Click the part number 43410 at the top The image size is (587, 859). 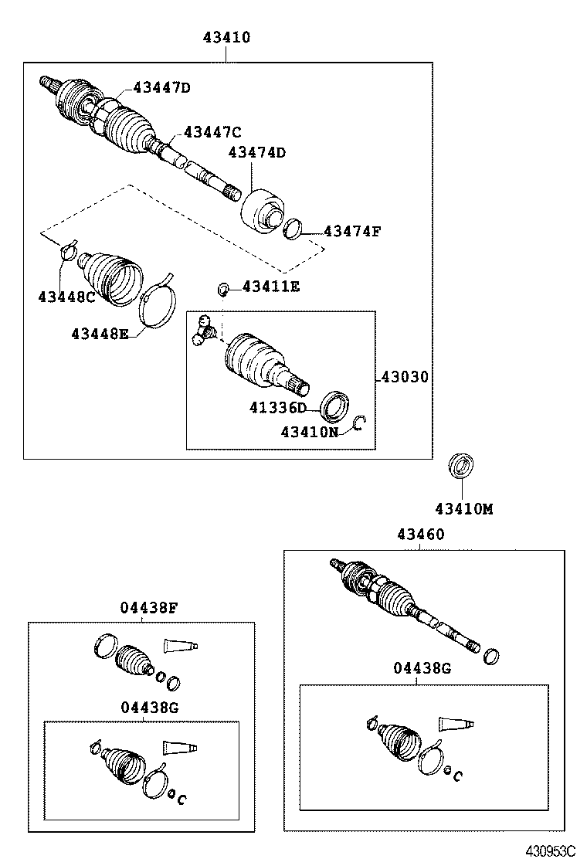tap(226, 37)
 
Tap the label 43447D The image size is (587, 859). tap(161, 87)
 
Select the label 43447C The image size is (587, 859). tap(212, 132)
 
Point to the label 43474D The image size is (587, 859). tap(256, 153)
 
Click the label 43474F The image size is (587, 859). tap(352, 230)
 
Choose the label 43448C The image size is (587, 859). tap(66, 297)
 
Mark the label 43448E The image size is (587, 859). tap(100, 334)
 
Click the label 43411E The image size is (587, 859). tap(270, 287)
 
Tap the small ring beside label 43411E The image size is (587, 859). tap(222, 290)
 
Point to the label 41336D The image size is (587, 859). tap(277, 407)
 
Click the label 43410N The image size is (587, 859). tap(309, 432)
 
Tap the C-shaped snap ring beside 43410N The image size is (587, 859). tap(358, 423)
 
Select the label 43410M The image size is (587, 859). tap(463, 509)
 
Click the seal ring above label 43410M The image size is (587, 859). tap(461, 467)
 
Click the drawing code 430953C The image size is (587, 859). tap(551, 851)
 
